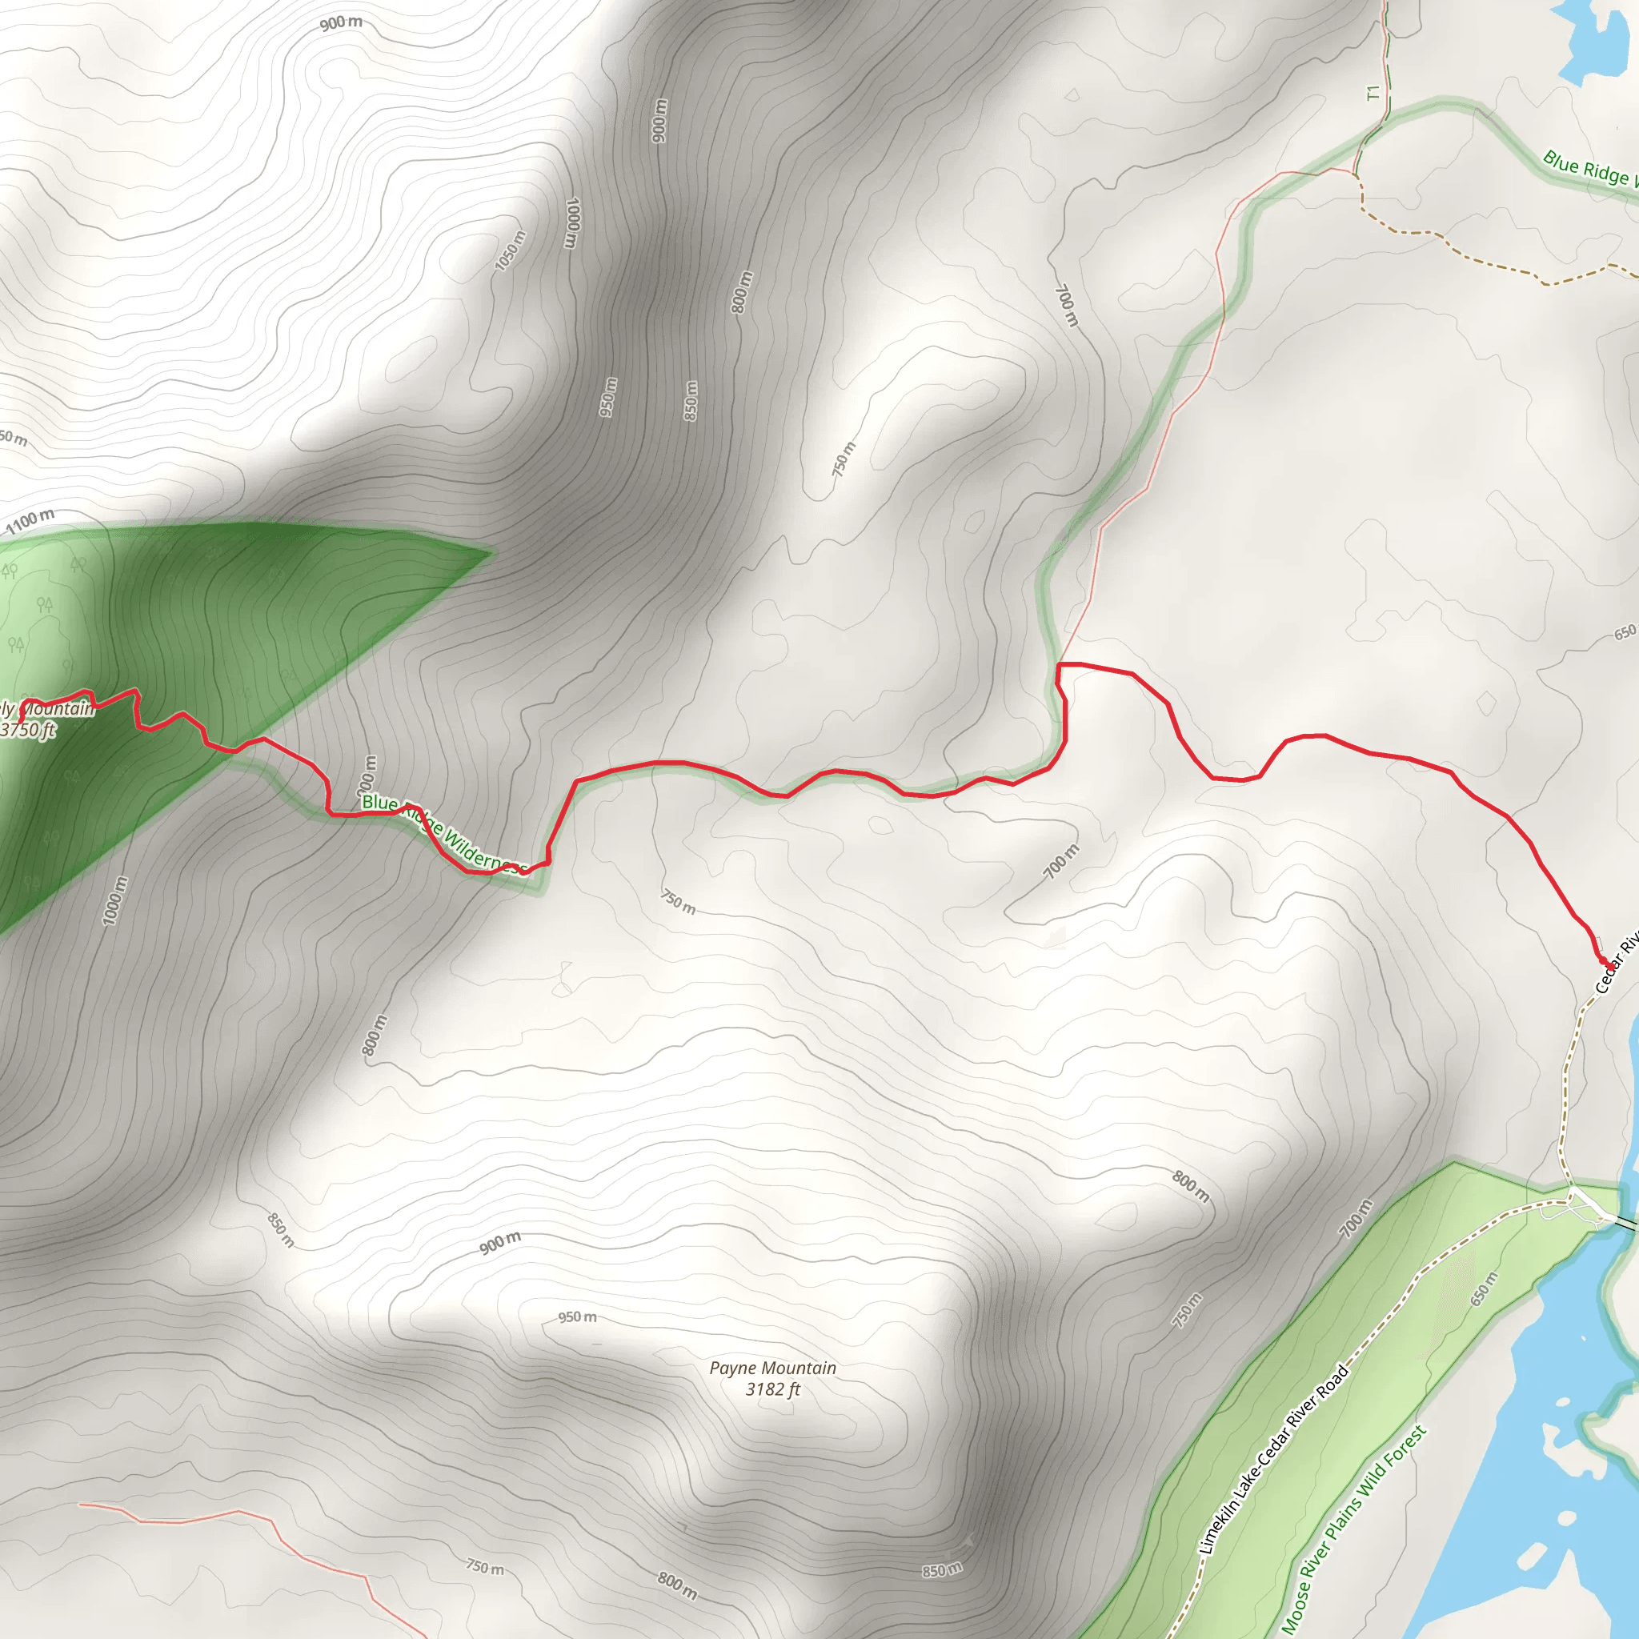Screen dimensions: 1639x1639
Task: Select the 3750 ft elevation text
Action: coord(28,730)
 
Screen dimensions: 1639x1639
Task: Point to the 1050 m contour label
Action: coord(510,251)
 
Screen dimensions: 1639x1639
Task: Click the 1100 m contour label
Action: coord(30,520)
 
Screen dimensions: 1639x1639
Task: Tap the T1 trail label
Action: coord(1373,93)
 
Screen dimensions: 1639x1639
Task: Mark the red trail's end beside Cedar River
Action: coord(1605,962)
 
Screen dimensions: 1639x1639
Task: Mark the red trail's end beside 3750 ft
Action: coord(20,720)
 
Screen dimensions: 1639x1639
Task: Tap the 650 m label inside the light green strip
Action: coord(1484,1288)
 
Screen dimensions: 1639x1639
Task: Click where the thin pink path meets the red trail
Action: coord(1060,663)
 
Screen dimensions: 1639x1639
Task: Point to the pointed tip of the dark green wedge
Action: coord(491,553)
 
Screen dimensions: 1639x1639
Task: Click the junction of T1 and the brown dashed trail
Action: coord(1356,175)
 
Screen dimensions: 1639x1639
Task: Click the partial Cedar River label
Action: coord(1617,963)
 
